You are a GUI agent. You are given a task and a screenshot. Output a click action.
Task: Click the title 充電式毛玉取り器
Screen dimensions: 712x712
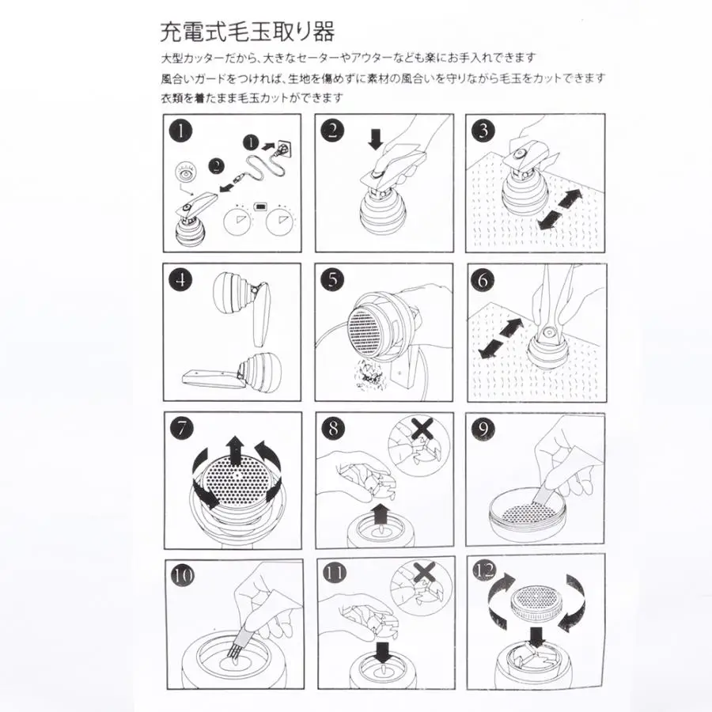point(248,32)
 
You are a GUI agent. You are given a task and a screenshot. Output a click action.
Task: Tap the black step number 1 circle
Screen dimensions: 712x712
point(180,131)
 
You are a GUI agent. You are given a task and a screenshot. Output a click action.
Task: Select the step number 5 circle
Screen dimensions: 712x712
point(333,280)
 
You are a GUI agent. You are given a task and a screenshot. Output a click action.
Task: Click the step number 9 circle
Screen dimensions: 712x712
point(483,429)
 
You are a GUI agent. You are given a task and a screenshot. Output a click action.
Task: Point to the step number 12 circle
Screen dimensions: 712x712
point(484,570)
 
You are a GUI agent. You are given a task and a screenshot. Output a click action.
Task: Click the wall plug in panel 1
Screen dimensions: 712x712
point(282,148)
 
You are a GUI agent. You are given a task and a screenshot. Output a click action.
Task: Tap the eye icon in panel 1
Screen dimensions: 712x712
point(186,174)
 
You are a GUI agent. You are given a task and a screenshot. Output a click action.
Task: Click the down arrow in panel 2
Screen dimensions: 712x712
point(376,139)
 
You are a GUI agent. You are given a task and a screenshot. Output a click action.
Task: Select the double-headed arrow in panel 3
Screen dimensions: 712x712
point(559,210)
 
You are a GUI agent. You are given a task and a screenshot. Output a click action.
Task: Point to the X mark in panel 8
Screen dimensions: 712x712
point(422,429)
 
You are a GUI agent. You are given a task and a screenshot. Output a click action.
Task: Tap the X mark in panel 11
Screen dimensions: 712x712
point(425,573)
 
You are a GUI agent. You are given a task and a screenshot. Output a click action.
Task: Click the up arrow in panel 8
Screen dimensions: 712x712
point(380,514)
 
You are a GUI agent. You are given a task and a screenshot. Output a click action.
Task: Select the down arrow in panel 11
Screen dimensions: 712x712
point(383,651)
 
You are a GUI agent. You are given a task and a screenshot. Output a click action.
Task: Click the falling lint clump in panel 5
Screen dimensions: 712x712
point(370,373)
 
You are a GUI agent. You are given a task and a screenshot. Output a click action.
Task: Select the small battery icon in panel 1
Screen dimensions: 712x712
point(261,207)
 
